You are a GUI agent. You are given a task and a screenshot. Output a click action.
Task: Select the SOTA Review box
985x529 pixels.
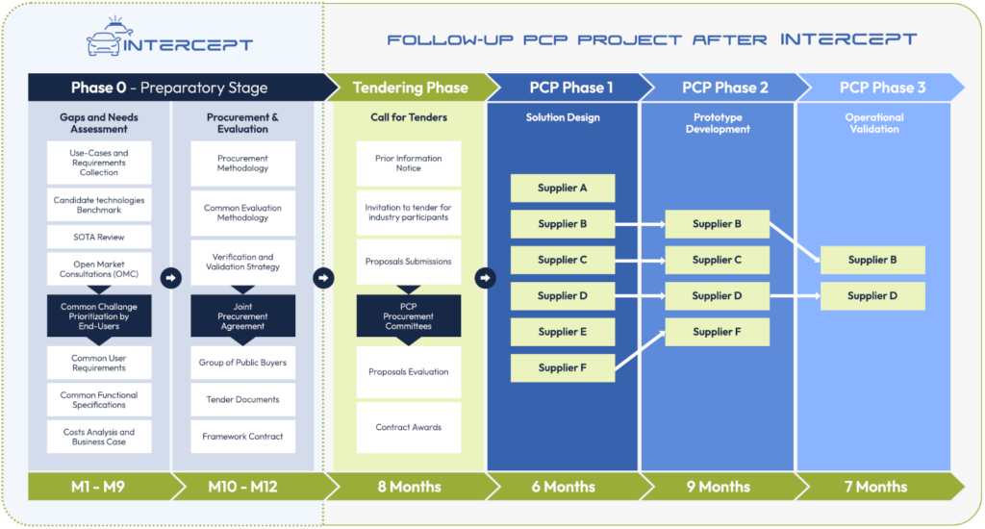(99, 237)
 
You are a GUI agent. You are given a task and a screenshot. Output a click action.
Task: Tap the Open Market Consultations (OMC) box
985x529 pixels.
(99, 269)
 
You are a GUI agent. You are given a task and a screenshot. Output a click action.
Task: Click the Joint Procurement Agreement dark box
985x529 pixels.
(242, 315)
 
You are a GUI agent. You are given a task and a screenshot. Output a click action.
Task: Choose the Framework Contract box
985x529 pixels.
(242, 437)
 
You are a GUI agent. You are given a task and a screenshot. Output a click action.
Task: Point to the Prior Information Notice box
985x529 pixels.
(409, 164)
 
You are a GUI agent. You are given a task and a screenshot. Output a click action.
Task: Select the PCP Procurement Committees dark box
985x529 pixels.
(409, 315)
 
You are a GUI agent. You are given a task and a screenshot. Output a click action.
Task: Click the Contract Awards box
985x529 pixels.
(409, 427)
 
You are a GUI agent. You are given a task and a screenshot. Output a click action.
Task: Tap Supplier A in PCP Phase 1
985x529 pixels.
(563, 188)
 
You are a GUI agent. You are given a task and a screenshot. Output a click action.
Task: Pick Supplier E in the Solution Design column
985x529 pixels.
(563, 332)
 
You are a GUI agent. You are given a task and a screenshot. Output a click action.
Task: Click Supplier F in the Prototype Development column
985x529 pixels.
(718, 332)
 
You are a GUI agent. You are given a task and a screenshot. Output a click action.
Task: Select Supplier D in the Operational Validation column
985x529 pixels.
(872, 296)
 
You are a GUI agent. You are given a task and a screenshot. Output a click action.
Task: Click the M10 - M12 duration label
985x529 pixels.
(242, 487)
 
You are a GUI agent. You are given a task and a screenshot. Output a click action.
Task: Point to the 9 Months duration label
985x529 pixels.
(718, 487)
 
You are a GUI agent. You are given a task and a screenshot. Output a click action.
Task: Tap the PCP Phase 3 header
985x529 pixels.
(881, 88)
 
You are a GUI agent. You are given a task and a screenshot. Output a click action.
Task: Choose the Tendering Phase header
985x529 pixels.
(409, 88)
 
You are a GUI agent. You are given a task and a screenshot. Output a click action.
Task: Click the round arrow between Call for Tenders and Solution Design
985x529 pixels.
(486, 278)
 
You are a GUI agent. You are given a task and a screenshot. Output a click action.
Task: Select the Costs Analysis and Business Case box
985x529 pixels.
(99, 437)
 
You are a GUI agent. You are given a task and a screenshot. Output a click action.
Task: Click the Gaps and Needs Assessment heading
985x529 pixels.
(99, 123)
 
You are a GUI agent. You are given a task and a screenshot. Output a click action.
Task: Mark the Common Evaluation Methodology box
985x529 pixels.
(242, 213)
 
